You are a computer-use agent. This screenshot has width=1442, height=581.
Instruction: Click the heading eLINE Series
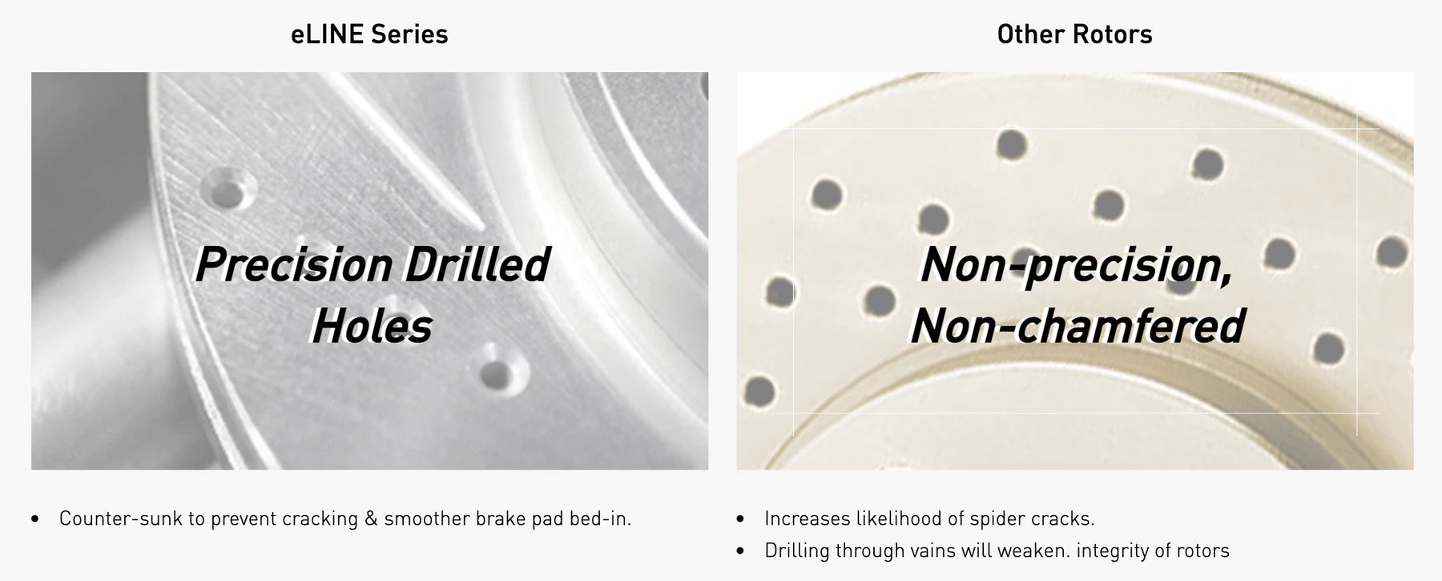[x=369, y=34]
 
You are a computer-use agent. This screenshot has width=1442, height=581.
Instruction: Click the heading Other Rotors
[x=1074, y=34]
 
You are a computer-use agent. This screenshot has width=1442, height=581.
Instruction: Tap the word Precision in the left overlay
[x=293, y=265]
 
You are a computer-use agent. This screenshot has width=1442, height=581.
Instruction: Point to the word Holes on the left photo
[x=373, y=326]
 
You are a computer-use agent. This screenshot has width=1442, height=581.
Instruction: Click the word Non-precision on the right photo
[x=1076, y=265]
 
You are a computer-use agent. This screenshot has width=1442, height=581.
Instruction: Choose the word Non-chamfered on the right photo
[x=1077, y=326]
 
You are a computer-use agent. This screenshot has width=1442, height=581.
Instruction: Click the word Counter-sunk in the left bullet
[x=121, y=518]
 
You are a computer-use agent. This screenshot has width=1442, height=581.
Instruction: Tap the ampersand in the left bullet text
[x=371, y=518]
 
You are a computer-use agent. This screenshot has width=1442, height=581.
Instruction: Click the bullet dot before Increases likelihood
[x=740, y=519]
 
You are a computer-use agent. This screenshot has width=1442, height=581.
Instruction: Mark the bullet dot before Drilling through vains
[x=740, y=551]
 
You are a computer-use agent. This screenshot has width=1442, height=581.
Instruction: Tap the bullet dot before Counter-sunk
[x=35, y=519]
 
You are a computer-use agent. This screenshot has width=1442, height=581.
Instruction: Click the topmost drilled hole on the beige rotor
[x=1011, y=144]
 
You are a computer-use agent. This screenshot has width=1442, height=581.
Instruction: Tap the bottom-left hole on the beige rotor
[x=759, y=392]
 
